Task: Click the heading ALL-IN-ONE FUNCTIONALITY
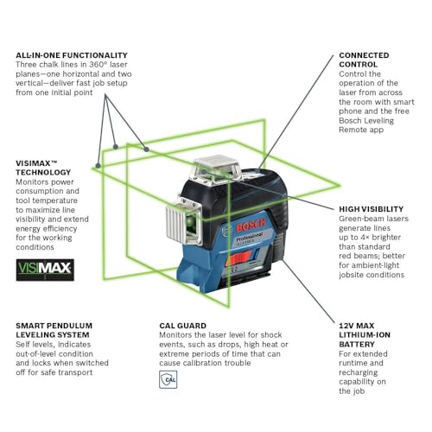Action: point(72,55)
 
